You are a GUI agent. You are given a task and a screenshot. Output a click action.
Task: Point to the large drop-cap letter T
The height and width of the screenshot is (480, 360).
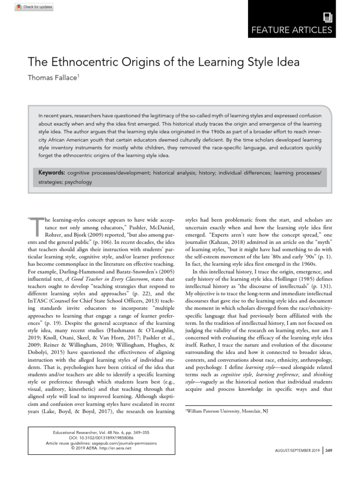click(36, 226)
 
